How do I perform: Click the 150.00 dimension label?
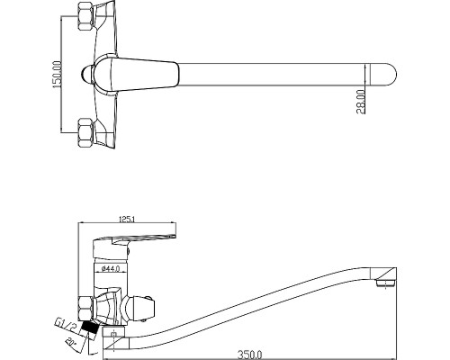[57, 75]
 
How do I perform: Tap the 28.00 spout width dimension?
[361, 102]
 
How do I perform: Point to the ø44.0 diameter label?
[111, 268]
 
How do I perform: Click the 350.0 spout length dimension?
[250, 355]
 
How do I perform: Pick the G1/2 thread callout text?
[65, 326]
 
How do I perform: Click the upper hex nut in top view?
[85, 16]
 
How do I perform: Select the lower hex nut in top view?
[85, 132]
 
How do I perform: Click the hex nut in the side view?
[85, 309]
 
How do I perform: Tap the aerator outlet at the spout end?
[385, 283]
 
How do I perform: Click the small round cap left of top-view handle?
[87, 75]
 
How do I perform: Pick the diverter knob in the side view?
[141, 309]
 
